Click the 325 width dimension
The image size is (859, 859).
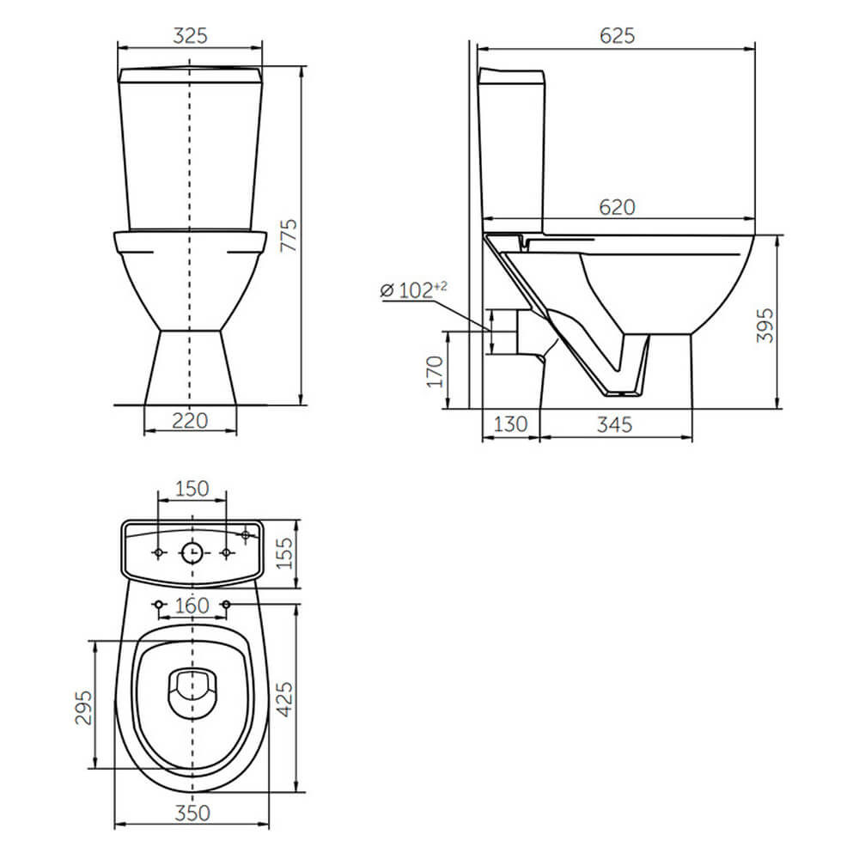tap(190, 35)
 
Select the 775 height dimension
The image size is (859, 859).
tap(289, 235)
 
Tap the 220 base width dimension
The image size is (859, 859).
tap(190, 421)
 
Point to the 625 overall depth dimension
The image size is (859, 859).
tap(617, 35)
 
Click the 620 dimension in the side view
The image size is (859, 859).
tap(617, 207)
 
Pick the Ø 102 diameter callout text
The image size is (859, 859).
tap(414, 289)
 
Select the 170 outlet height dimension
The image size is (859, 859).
tap(435, 371)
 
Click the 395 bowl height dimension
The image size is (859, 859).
tap(765, 326)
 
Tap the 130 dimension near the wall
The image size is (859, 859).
tap(510, 424)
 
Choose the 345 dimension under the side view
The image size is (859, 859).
tap(615, 424)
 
